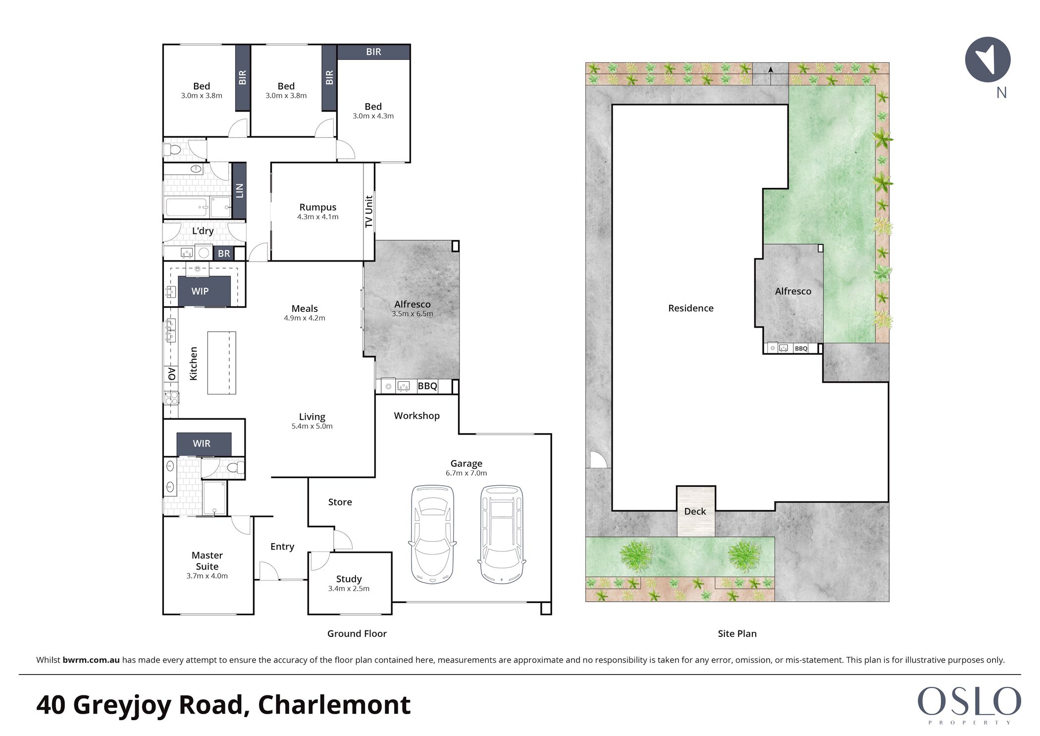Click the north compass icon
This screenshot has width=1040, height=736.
988,59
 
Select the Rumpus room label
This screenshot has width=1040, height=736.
317,207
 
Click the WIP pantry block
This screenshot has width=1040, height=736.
204,291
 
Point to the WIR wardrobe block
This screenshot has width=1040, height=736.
204,444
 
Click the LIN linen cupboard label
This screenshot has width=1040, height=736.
240,191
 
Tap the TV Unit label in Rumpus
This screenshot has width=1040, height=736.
368,212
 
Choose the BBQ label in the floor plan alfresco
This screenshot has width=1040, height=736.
427,386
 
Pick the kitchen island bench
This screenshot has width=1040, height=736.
221,363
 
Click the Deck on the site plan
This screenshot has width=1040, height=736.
696,511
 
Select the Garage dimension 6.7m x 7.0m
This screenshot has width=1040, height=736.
466,473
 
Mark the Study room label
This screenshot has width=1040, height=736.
349,579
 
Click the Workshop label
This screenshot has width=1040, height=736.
416,416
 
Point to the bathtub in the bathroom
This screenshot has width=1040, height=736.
186,207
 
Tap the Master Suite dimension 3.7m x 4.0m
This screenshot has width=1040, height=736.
207,576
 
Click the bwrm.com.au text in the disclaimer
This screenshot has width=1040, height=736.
91,660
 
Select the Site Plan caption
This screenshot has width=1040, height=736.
737,633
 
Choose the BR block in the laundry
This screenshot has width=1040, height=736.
224,254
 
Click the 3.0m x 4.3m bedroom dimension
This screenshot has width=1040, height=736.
373,116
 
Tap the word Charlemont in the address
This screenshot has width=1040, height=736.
334,705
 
